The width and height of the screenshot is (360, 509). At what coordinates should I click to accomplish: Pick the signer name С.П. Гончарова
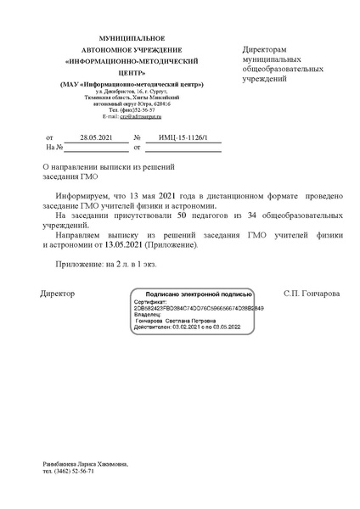pyautogui.click(x=312, y=293)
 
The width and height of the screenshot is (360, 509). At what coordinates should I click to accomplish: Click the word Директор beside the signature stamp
pyautogui.click(x=58, y=293)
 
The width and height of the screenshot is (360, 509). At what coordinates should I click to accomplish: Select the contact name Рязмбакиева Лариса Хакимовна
pyautogui.click(x=85, y=464)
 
